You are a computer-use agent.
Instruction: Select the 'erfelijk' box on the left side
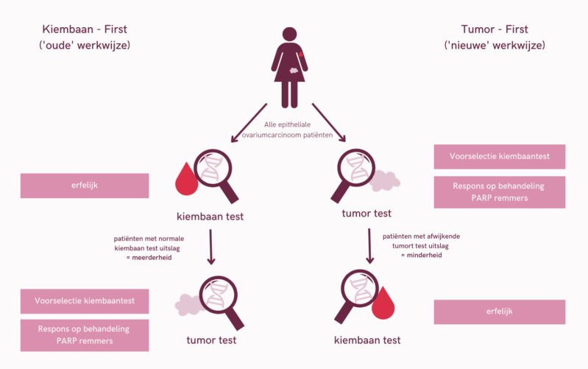pyautogui.click(x=85, y=186)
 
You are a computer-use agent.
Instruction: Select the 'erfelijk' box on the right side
pyautogui.click(x=499, y=312)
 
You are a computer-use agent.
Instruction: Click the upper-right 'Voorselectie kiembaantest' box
pyautogui.click(x=499, y=156)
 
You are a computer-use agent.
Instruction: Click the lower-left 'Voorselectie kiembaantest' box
pyautogui.click(x=85, y=301)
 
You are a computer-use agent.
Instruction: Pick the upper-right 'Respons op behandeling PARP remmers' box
pyautogui.click(x=499, y=191)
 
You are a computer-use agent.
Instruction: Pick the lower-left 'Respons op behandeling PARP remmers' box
pyautogui.click(x=85, y=335)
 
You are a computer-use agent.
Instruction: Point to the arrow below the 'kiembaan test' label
pyautogui.click(x=212, y=246)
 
